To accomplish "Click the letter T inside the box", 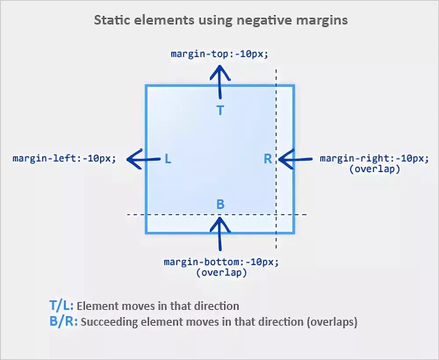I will [220, 110].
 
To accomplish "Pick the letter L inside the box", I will [168, 159].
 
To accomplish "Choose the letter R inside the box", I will [267, 159].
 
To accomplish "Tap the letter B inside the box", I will [220, 204].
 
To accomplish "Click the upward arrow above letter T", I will [220, 82].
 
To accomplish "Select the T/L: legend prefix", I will [61, 306].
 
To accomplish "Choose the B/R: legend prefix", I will [63, 322].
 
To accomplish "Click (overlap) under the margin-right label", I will [374, 169].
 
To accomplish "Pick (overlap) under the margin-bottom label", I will [221, 272].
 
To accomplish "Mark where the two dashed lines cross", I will [276, 215].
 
